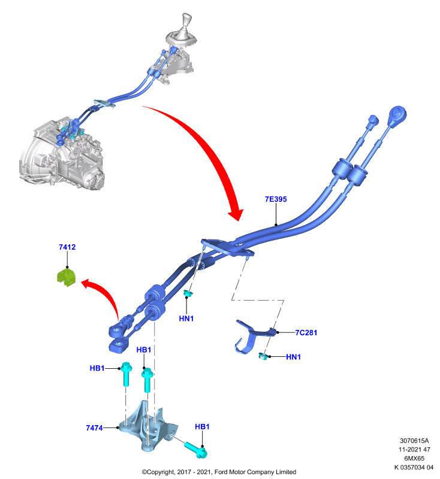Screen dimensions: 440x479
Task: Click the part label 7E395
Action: (276, 199)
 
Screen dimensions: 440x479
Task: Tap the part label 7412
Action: (67, 247)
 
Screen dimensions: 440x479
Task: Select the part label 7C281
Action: (306, 332)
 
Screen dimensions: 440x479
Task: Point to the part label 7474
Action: (94, 428)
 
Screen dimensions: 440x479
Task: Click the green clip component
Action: (67, 277)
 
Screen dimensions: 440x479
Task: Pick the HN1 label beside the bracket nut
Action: (294, 356)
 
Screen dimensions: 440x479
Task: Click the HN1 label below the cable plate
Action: (186, 319)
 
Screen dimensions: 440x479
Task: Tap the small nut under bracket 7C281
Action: (263, 356)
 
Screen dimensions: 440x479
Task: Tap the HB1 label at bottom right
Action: (202, 426)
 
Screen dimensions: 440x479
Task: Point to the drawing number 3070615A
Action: (414, 441)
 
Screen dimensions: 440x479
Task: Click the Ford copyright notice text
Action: (219, 472)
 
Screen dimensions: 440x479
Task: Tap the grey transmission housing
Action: (61, 156)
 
